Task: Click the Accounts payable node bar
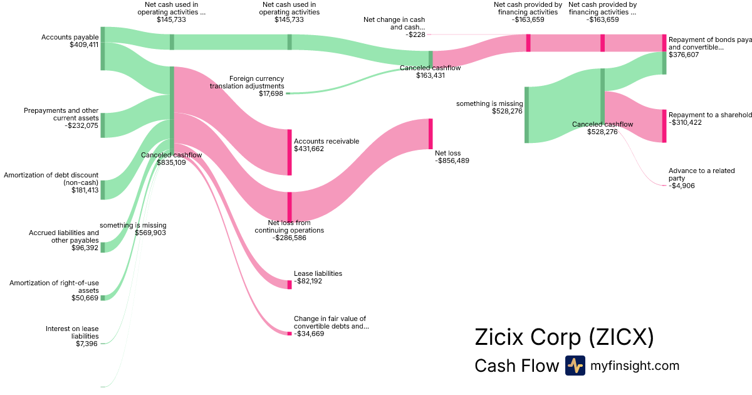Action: pyautogui.click(x=103, y=48)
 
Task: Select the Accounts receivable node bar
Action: pyautogui.click(x=290, y=152)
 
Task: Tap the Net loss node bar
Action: pyautogui.click(x=431, y=133)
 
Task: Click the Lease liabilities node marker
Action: pyautogui.click(x=290, y=285)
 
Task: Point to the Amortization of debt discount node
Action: pyautogui.click(x=103, y=189)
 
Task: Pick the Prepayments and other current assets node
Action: pyautogui.click(x=103, y=125)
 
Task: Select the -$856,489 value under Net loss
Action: pyautogui.click(x=452, y=161)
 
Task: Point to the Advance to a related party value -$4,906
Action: pyautogui.click(x=681, y=186)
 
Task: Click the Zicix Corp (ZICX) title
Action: pyautogui.click(x=564, y=337)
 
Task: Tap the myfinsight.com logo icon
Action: pyautogui.click(x=575, y=366)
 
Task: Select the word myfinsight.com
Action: pyautogui.click(x=635, y=366)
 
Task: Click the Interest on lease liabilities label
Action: pyautogui.click(x=72, y=332)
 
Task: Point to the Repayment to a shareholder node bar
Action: pyautogui.click(x=664, y=125)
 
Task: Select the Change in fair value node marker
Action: pyautogui.click(x=290, y=334)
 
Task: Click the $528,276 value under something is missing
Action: pyautogui.click(x=508, y=112)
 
